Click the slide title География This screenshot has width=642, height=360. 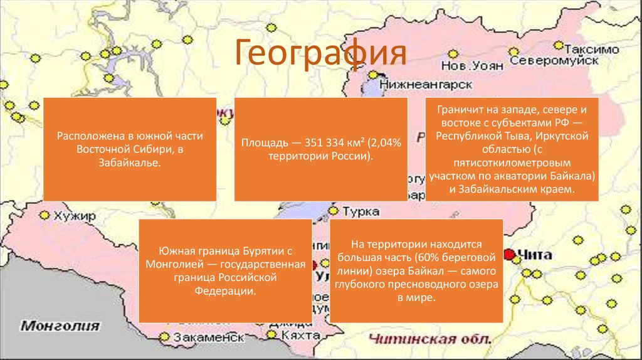point(320,54)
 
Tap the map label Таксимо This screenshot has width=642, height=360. point(591,49)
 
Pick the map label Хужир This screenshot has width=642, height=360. point(75,216)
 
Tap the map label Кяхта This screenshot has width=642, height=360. point(296,337)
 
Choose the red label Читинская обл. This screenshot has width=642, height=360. point(429,339)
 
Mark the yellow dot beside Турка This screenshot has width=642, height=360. point(334,211)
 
